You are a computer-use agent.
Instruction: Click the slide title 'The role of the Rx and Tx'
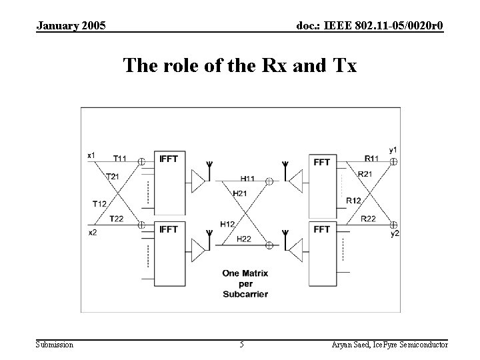(x=240, y=66)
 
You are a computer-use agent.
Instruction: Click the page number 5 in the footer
(x=241, y=345)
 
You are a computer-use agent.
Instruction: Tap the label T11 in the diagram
(x=121, y=159)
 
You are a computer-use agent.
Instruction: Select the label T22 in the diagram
(x=117, y=219)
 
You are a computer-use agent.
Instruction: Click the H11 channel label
(x=248, y=179)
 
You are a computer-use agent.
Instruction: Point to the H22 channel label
(x=245, y=239)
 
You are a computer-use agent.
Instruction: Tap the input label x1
(x=92, y=155)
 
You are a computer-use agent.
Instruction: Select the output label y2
(x=395, y=233)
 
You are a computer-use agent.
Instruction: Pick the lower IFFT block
(x=170, y=250)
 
